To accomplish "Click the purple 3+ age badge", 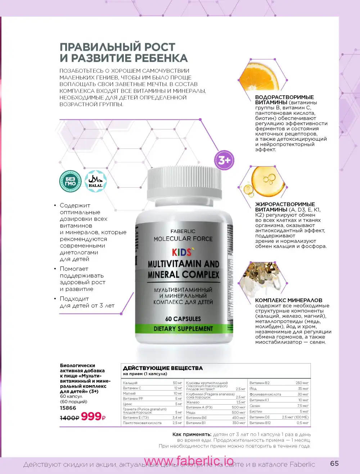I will pyautogui.click(x=224, y=160).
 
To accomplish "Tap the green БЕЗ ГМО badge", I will pyautogui.click(x=70, y=181).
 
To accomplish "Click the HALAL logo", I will pyautogui.click(x=95, y=181).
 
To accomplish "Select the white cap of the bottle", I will pyautogui.click(x=184, y=183).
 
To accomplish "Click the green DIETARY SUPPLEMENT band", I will pyautogui.click(x=183, y=329).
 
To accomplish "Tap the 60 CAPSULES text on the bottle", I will pyautogui.click(x=183, y=319).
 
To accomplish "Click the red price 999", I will pyautogui.click(x=91, y=416).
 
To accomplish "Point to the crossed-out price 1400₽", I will pyautogui.click(x=69, y=418).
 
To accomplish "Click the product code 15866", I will pyautogui.click(x=68, y=408).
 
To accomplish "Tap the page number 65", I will pyautogui.click(x=334, y=464).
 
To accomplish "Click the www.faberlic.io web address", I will pyautogui.click(x=189, y=461).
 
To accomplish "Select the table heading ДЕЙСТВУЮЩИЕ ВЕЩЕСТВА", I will pyautogui.click(x=163, y=368).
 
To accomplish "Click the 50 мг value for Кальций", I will pyautogui.click(x=177, y=383).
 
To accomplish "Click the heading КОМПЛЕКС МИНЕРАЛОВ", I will pyautogui.click(x=289, y=300).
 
